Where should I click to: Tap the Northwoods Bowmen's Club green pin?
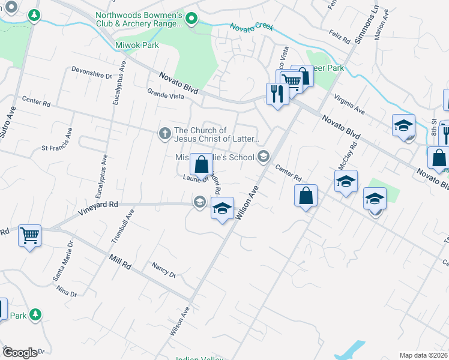(x=191, y=19)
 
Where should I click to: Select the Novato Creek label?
(x=252, y=26)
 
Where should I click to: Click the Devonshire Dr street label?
(x=92, y=76)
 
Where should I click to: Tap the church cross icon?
(x=164, y=134)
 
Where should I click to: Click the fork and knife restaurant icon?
(x=277, y=94)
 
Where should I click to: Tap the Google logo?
(x=20, y=353)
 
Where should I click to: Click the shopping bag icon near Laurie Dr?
(x=202, y=163)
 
